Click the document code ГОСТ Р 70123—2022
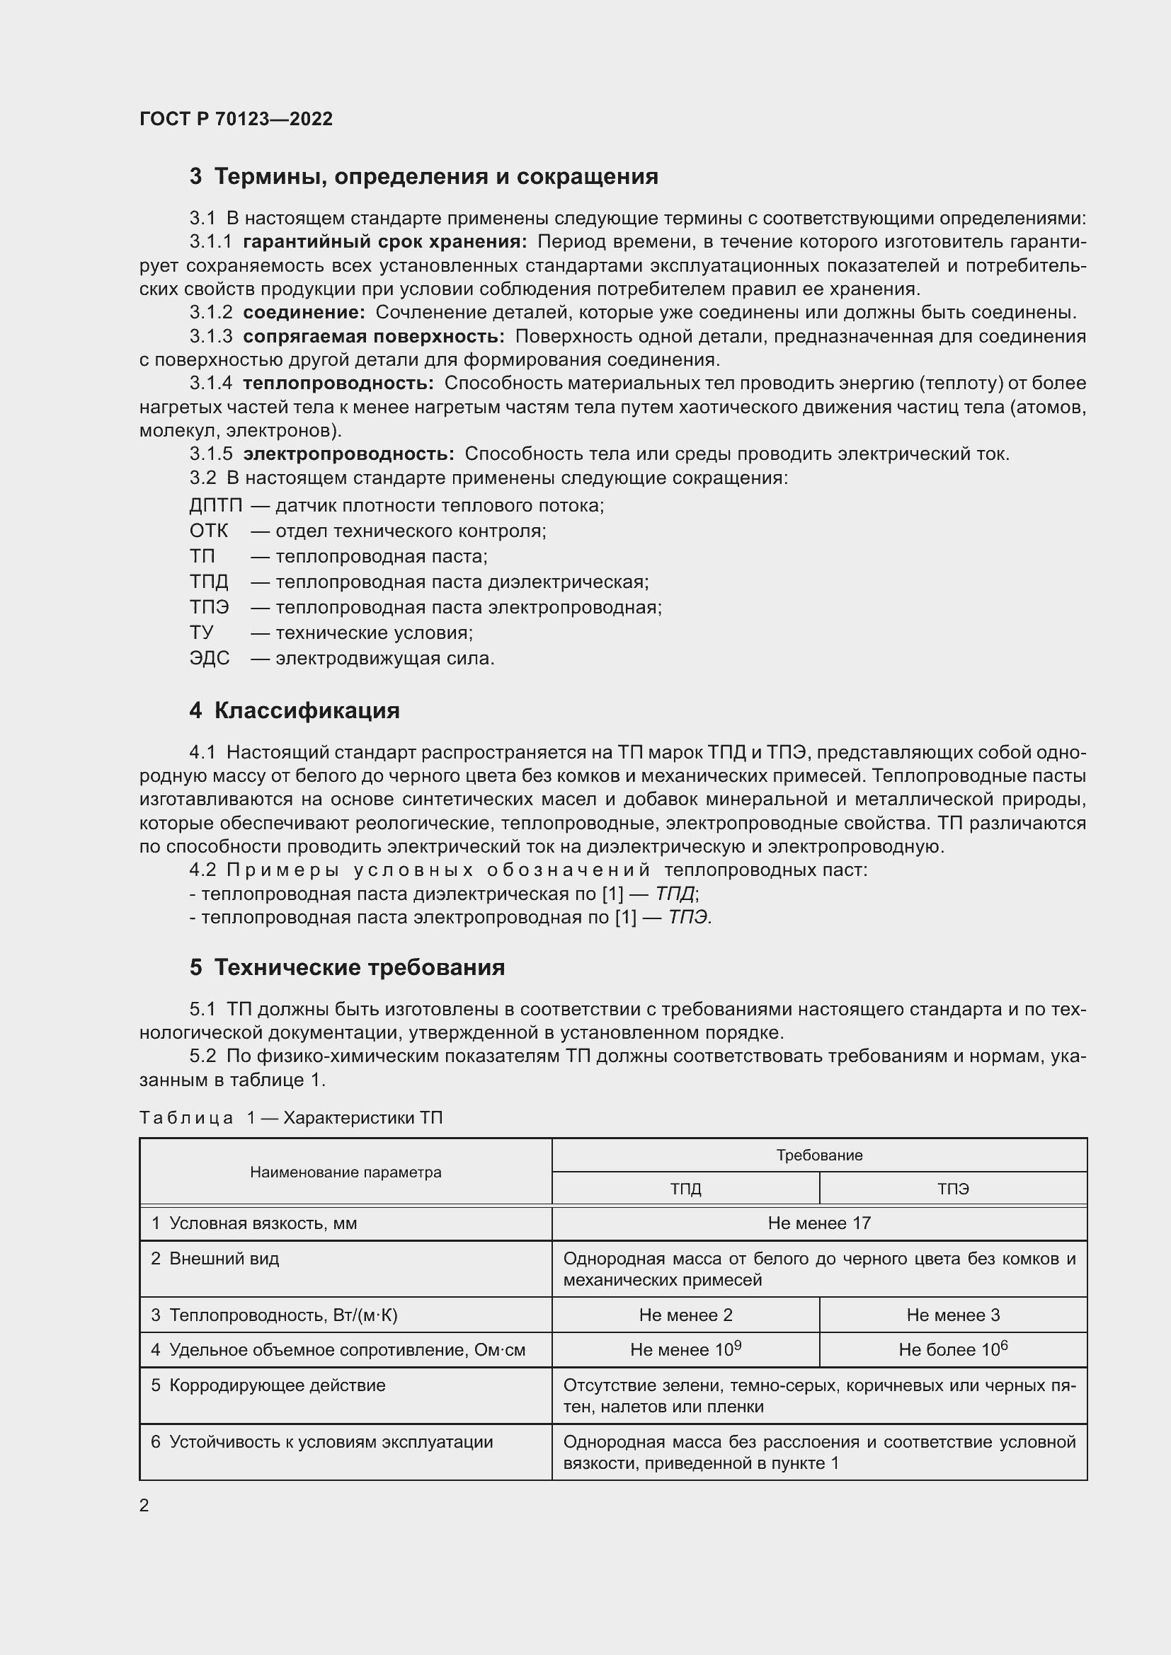click(236, 119)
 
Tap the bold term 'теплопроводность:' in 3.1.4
click(338, 384)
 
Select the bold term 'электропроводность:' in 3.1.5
click(348, 454)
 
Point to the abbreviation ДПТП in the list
click(216, 505)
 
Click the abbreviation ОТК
click(208, 531)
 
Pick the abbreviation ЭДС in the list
click(209, 659)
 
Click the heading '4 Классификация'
click(295, 710)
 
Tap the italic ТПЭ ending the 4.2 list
click(690, 918)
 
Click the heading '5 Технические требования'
click(347, 967)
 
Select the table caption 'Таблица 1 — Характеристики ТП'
click(290, 1118)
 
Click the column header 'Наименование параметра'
click(345, 1172)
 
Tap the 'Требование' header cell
click(819, 1155)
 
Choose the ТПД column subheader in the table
click(685, 1189)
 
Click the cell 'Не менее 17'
click(819, 1223)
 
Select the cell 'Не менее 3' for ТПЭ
click(952, 1315)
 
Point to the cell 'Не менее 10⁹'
click(685, 1350)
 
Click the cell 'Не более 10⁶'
click(952, 1350)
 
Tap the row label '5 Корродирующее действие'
click(268, 1385)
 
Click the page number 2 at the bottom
click(144, 1505)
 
